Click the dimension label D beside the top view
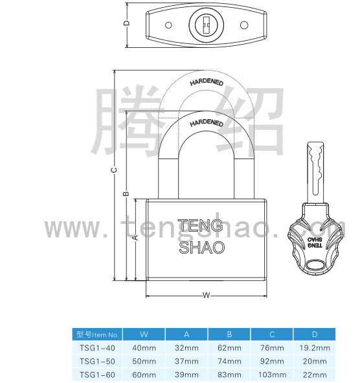tap(127, 23)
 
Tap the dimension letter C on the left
tap(114, 170)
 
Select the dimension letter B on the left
tap(126, 193)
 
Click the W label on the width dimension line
tap(207, 295)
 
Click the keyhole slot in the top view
tap(207, 25)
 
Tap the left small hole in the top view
tap(168, 25)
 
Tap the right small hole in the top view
tap(244, 25)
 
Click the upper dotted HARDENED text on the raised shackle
tap(207, 82)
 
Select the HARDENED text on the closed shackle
tap(207, 123)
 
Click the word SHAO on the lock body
tap(202, 247)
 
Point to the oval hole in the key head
tap(315, 265)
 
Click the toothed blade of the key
tap(315, 173)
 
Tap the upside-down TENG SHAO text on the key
tap(315, 243)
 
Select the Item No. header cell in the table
tap(97, 334)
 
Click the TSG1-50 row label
tap(97, 361)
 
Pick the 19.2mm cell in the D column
tap(315, 348)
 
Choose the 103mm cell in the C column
tap(272, 375)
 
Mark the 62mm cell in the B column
tap(229, 348)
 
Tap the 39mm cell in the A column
tap(186, 375)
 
